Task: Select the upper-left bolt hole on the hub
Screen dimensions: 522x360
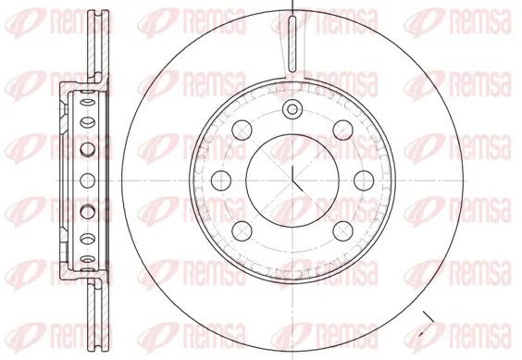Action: pyautogui.click(x=242, y=130)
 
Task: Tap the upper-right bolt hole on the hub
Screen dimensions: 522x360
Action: pyautogui.click(x=342, y=130)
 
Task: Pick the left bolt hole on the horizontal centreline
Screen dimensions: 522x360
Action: pyautogui.click(x=221, y=180)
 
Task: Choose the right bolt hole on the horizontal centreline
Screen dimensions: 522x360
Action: pyautogui.click(x=364, y=180)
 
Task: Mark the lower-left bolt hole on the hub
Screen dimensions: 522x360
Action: pyautogui.click(x=242, y=230)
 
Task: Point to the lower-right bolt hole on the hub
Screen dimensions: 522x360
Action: pyautogui.click(x=342, y=230)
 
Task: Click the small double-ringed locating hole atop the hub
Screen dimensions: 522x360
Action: pyautogui.click(x=292, y=109)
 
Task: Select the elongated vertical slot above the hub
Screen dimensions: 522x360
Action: pyautogui.click(x=292, y=43)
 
